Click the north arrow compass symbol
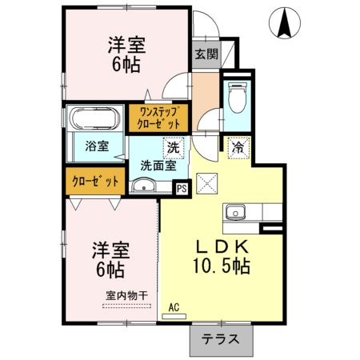[x=283, y=22]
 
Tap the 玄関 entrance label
[x=206, y=54]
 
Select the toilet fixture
[x=237, y=100]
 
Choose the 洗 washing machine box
[x=173, y=147]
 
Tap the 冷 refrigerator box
[x=238, y=147]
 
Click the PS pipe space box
[x=181, y=188]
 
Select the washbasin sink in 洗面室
[x=142, y=187]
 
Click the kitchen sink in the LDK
[x=236, y=213]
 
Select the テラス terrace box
[x=221, y=338]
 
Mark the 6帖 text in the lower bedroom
[x=106, y=268]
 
